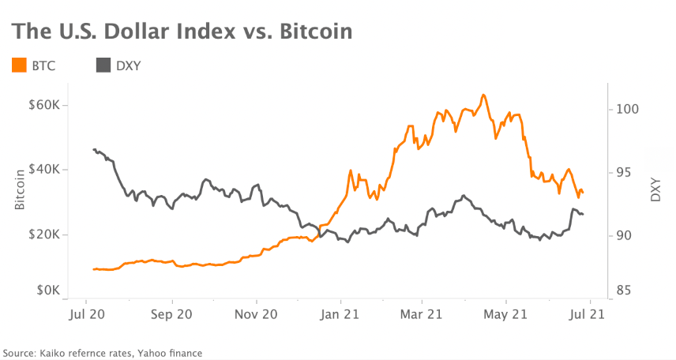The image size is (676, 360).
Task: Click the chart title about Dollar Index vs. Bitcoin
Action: [182, 32]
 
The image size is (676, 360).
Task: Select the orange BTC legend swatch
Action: [19, 66]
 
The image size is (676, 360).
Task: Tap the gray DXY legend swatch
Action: [103, 66]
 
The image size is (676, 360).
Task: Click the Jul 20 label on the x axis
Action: [85, 313]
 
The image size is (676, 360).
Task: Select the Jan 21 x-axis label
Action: [340, 313]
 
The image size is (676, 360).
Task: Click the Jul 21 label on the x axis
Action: [588, 313]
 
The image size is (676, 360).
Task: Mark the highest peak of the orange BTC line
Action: [483, 96]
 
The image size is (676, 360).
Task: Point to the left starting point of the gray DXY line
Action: [94, 149]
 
